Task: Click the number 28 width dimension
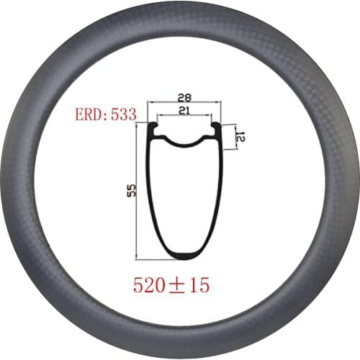click(x=184, y=96)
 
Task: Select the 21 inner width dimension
click(x=184, y=109)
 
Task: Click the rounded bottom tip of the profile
click(x=184, y=256)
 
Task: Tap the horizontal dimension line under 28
click(x=184, y=103)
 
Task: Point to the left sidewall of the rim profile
click(x=153, y=194)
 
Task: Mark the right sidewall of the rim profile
click(x=216, y=194)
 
